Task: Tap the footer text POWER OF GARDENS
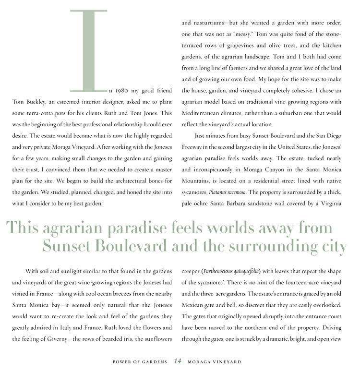140,361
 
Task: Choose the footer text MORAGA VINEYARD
215,361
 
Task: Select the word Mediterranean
204,113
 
